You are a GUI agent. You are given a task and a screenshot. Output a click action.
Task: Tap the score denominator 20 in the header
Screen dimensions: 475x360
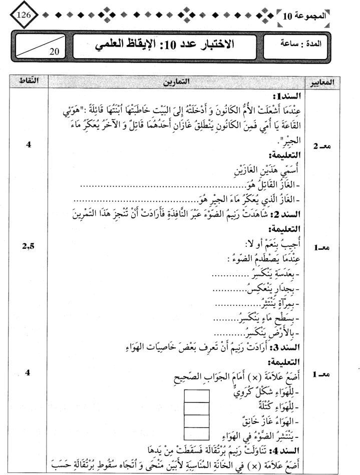[x=56, y=50]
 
